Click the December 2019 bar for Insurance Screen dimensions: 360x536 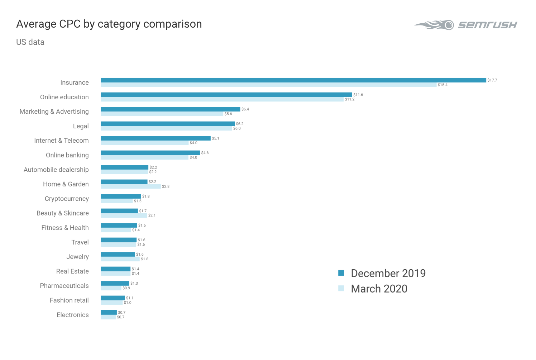click(293, 80)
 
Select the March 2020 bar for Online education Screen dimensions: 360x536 click(222, 99)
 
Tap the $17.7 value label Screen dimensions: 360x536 click(492, 80)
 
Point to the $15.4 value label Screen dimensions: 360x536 click(442, 85)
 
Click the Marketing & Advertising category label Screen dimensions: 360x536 click(54, 112)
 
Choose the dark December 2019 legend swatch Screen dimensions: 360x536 click(341, 273)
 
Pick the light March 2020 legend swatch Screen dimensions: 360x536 click(341, 288)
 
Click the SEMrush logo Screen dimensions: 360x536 click(466, 25)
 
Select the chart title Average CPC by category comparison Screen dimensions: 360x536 click(109, 24)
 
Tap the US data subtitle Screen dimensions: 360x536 click(30, 42)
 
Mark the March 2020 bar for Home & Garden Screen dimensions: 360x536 click(130, 186)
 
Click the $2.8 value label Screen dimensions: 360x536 click(166, 186)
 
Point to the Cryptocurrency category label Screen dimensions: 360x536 click(67, 199)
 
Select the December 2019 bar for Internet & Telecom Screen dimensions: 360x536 click(155, 138)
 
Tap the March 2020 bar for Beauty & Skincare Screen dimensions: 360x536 click(124, 215)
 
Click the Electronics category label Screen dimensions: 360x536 click(73, 315)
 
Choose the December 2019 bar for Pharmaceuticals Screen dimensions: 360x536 click(115, 284)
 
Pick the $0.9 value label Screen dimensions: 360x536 click(126, 288)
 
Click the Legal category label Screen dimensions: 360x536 click(81, 126)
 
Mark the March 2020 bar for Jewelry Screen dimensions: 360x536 click(120, 259)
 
